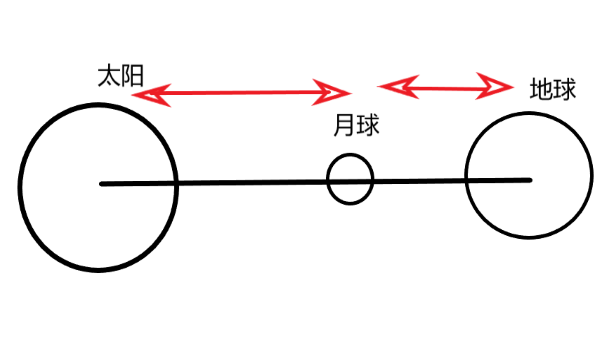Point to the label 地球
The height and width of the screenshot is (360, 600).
[552, 89]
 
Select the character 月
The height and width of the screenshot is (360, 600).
[344, 127]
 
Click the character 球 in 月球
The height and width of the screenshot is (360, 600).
[366, 127]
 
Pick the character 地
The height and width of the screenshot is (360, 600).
[540, 89]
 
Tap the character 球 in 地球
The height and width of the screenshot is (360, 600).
[564, 89]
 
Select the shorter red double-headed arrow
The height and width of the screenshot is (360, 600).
[445, 87]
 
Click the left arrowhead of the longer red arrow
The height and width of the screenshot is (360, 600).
[146, 96]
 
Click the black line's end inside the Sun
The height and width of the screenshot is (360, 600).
[103, 184]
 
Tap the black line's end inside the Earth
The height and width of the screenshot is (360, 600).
[528, 180]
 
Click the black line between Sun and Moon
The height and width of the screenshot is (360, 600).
[250, 183]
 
